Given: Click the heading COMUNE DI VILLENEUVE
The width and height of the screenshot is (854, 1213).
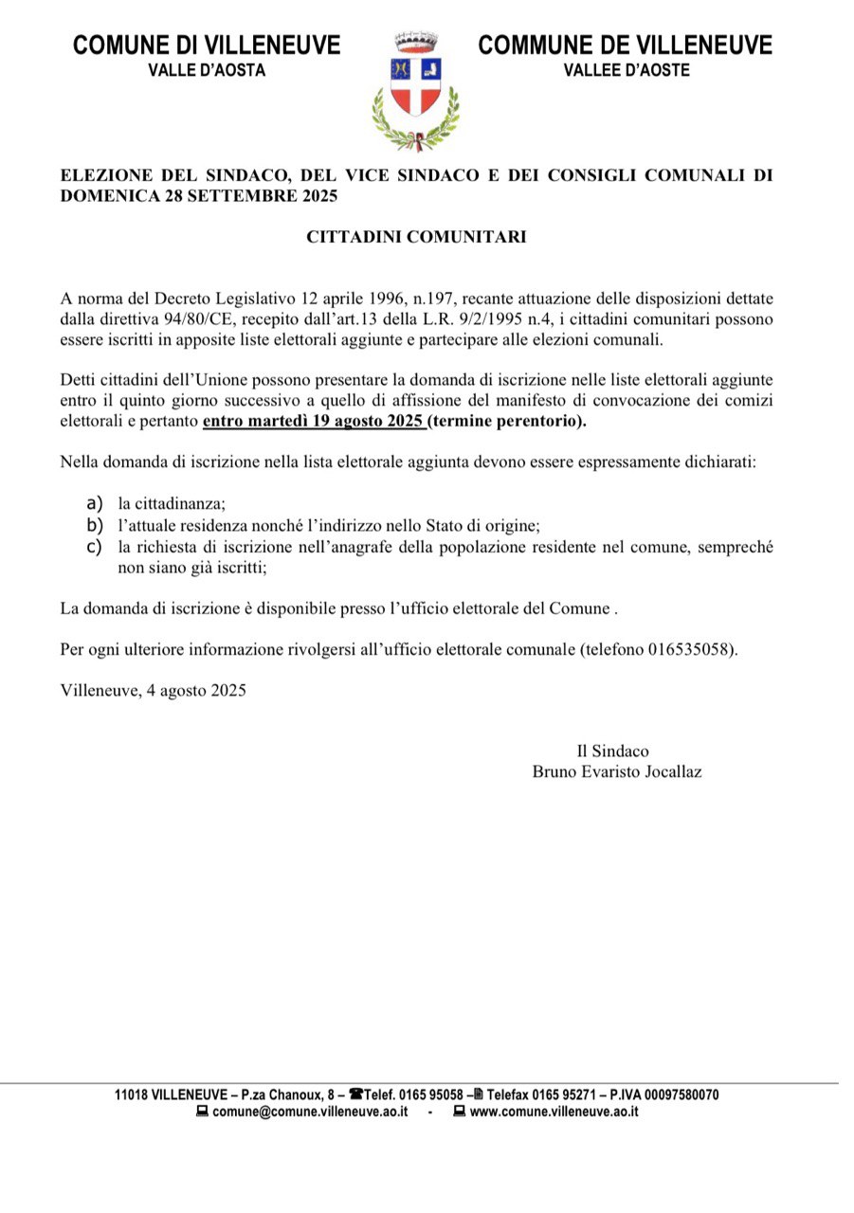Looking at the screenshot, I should pos(207,45).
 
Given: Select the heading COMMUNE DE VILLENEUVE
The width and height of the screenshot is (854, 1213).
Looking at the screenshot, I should pos(626,45).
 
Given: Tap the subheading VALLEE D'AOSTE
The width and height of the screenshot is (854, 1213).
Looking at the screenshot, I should pos(627,70).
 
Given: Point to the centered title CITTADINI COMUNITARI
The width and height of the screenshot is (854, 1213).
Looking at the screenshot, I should pos(416,237).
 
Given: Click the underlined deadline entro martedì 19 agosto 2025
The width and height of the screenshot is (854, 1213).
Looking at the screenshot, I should pos(313,421).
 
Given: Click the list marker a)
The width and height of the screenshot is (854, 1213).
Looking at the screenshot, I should pos(94,504).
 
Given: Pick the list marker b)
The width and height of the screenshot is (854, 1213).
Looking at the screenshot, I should pos(94,525).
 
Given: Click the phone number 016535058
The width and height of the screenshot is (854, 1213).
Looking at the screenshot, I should pos(689,650).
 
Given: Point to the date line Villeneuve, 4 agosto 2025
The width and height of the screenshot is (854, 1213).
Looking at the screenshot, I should pos(153,690).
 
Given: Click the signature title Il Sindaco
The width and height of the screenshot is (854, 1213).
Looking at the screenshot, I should pos(613,751).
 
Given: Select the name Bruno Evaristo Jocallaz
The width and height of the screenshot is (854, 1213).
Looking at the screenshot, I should pos(617,771).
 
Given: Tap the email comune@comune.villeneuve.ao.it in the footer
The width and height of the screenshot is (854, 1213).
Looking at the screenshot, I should pos(310,1112).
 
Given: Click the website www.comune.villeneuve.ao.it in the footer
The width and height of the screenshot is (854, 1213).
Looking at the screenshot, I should pos(554,1112).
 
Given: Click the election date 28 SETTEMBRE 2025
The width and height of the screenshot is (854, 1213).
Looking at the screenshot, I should pos(247,196).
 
